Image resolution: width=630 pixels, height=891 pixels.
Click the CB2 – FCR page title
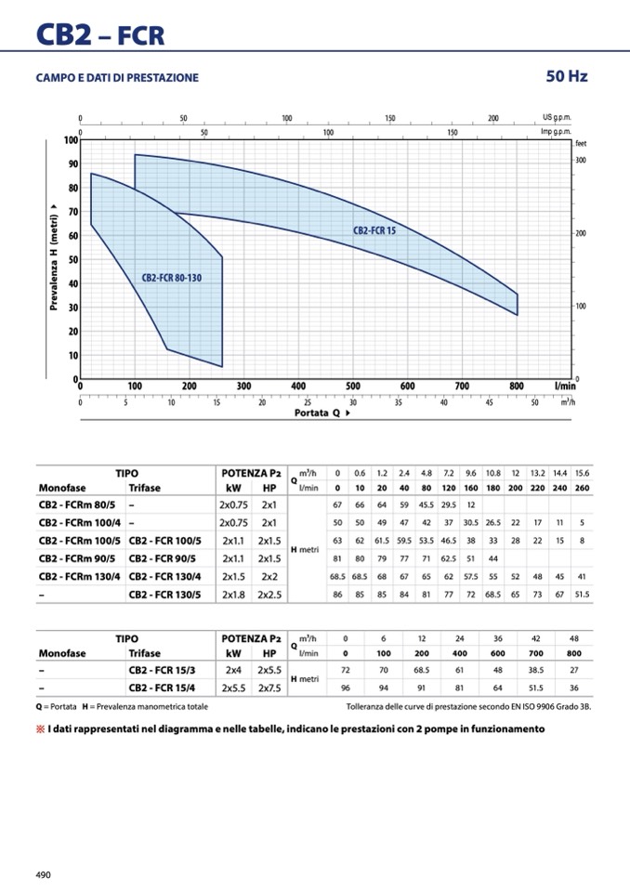point(100,34)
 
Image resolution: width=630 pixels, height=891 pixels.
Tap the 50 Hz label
point(567,76)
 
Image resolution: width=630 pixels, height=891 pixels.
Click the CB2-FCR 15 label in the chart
point(374,229)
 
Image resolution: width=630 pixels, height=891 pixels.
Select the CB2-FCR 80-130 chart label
point(171,278)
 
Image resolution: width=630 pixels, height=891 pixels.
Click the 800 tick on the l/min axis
point(517,387)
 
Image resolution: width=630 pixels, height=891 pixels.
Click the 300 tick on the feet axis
point(581,161)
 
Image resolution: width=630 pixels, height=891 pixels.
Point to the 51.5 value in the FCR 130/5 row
point(582,595)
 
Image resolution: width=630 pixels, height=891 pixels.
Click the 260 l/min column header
point(582,488)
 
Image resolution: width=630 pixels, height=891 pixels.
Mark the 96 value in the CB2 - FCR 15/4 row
point(346,688)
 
